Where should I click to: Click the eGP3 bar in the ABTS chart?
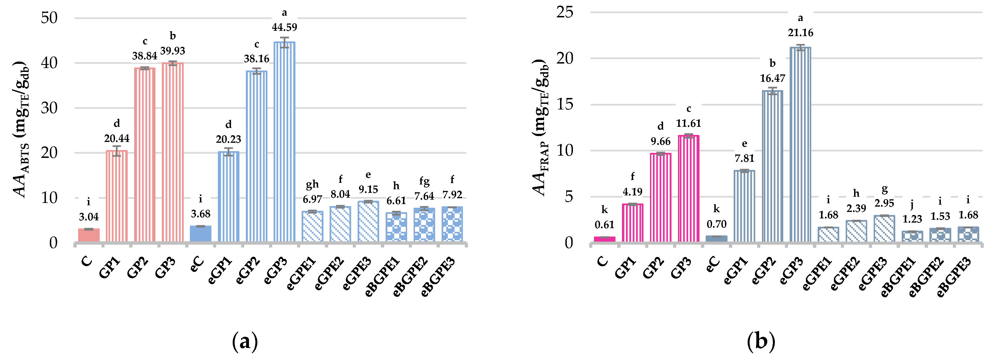(284, 142)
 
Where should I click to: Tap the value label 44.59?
(284, 27)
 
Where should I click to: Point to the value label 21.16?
(800, 33)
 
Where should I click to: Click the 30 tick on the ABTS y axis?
(49, 108)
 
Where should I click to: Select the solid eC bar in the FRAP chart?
(716, 239)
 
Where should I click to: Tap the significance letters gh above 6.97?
(313, 184)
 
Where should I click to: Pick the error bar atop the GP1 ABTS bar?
(116, 151)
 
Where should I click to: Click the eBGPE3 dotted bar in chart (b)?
(968, 234)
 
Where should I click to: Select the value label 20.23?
(228, 139)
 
